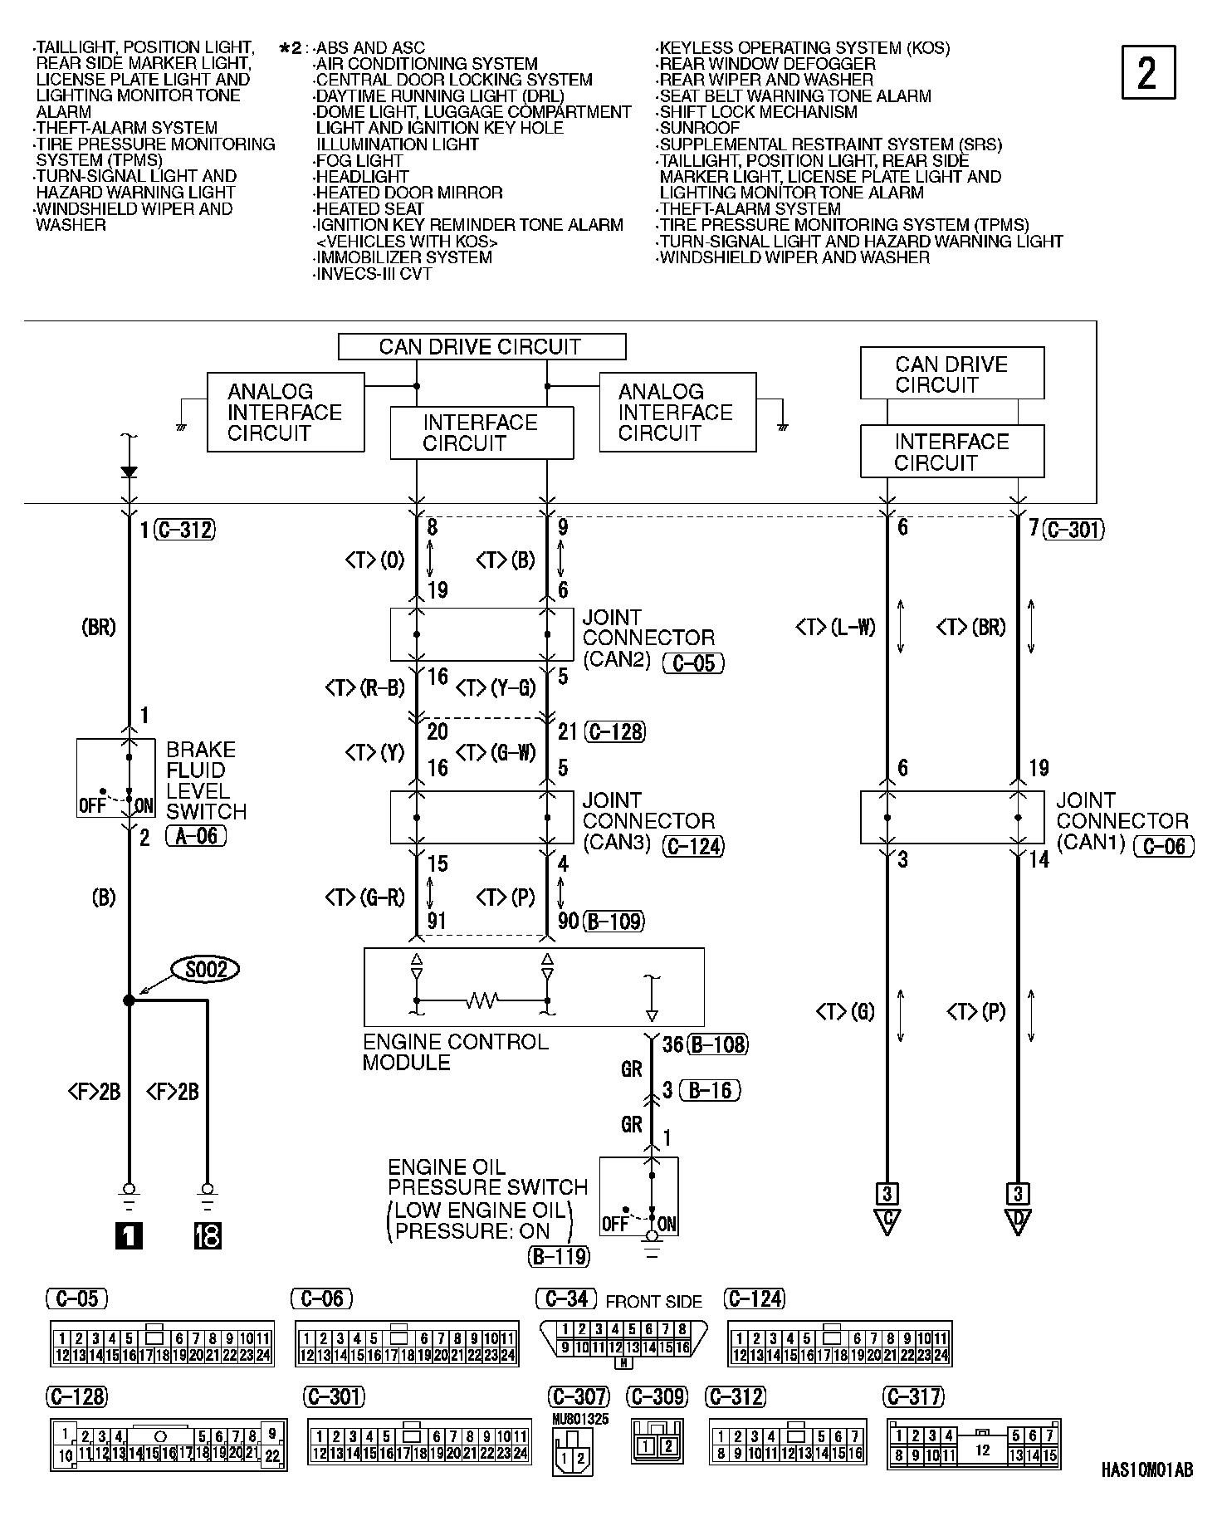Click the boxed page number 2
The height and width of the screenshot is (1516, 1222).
(x=1148, y=73)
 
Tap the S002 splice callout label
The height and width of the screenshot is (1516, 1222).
(x=206, y=969)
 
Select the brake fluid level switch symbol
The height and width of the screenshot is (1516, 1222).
(x=115, y=778)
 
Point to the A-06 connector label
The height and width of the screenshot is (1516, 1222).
(x=196, y=837)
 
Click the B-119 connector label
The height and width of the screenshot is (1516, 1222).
(x=559, y=1257)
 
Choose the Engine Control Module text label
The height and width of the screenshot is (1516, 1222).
(x=455, y=1052)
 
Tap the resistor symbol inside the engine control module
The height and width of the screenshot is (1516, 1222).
(x=481, y=1000)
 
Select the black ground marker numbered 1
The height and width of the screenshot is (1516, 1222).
(x=129, y=1237)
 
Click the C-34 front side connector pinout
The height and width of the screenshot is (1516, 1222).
(x=624, y=1343)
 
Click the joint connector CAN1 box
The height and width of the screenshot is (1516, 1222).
(x=951, y=818)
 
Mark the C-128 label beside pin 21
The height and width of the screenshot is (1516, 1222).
(x=614, y=731)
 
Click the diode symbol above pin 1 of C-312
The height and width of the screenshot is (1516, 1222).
(x=129, y=472)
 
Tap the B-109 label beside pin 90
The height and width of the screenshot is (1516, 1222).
(x=614, y=921)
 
